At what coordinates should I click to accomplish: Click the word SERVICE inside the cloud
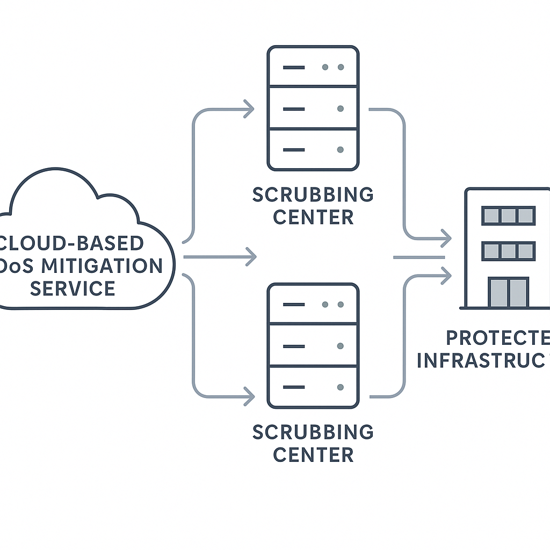pos(73,288)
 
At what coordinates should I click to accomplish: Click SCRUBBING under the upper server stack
pos(313,194)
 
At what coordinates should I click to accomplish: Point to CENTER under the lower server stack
pos(313,454)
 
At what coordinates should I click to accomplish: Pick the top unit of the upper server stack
pos(313,67)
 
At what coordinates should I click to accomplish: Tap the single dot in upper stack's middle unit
pos(340,108)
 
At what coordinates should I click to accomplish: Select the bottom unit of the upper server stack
pos(313,149)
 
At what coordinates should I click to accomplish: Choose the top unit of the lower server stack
pos(313,304)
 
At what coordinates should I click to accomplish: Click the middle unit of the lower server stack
pos(313,345)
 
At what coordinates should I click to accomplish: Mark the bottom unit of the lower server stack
pos(313,386)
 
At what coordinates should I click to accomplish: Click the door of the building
pos(508,292)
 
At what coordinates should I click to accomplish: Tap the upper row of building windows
pos(508,216)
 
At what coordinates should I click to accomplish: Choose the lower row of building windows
pos(508,251)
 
